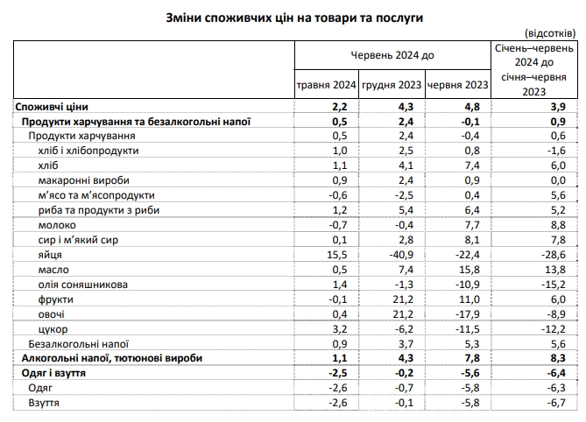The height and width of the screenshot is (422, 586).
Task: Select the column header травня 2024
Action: coord(326,85)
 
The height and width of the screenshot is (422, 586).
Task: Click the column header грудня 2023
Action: coord(392,85)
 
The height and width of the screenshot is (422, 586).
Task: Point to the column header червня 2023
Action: coord(456,85)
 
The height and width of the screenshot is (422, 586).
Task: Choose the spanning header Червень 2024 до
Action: coord(392,54)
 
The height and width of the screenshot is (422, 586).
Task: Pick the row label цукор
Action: coord(54,328)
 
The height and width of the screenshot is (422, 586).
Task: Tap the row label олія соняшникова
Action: coord(85,284)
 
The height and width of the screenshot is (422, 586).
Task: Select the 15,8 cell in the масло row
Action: coord(471,269)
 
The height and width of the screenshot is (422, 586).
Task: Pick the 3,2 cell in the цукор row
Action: coord(341,328)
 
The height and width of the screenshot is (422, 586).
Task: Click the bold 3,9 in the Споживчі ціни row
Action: coord(556,105)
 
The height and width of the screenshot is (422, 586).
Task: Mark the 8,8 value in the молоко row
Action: coord(556,224)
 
